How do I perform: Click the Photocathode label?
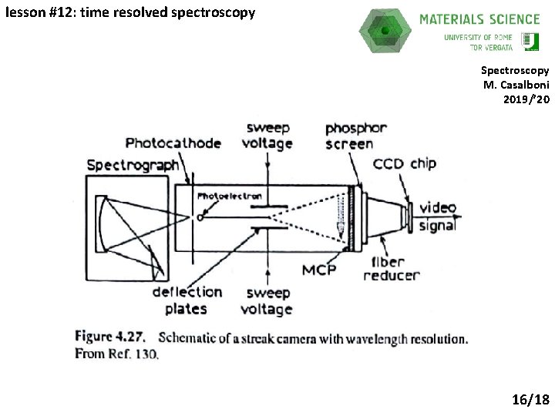click(173, 143)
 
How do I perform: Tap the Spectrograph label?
click(133, 165)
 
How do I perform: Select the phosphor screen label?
click(348, 136)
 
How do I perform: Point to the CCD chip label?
click(405, 163)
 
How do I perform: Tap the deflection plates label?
click(187, 300)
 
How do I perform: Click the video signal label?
click(437, 216)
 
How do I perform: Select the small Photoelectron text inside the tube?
click(230, 196)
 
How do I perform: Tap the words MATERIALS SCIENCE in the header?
click(479, 18)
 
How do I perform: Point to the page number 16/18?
click(530, 399)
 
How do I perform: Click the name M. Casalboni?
click(516, 85)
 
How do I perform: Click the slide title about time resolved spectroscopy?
click(129, 12)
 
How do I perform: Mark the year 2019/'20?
click(526, 99)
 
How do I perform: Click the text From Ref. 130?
click(116, 354)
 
